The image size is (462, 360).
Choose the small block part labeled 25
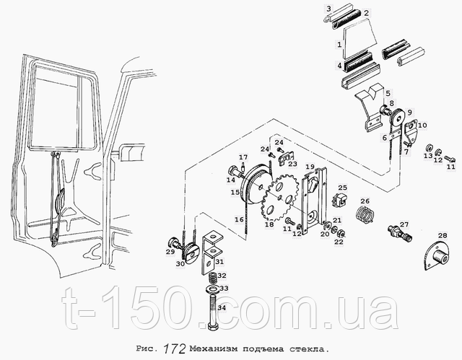[x=338, y=201]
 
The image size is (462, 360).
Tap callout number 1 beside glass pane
[x=339, y=44]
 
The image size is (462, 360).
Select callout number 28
[x=442, y=235]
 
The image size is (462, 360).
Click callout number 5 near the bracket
[x=388, y=93]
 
